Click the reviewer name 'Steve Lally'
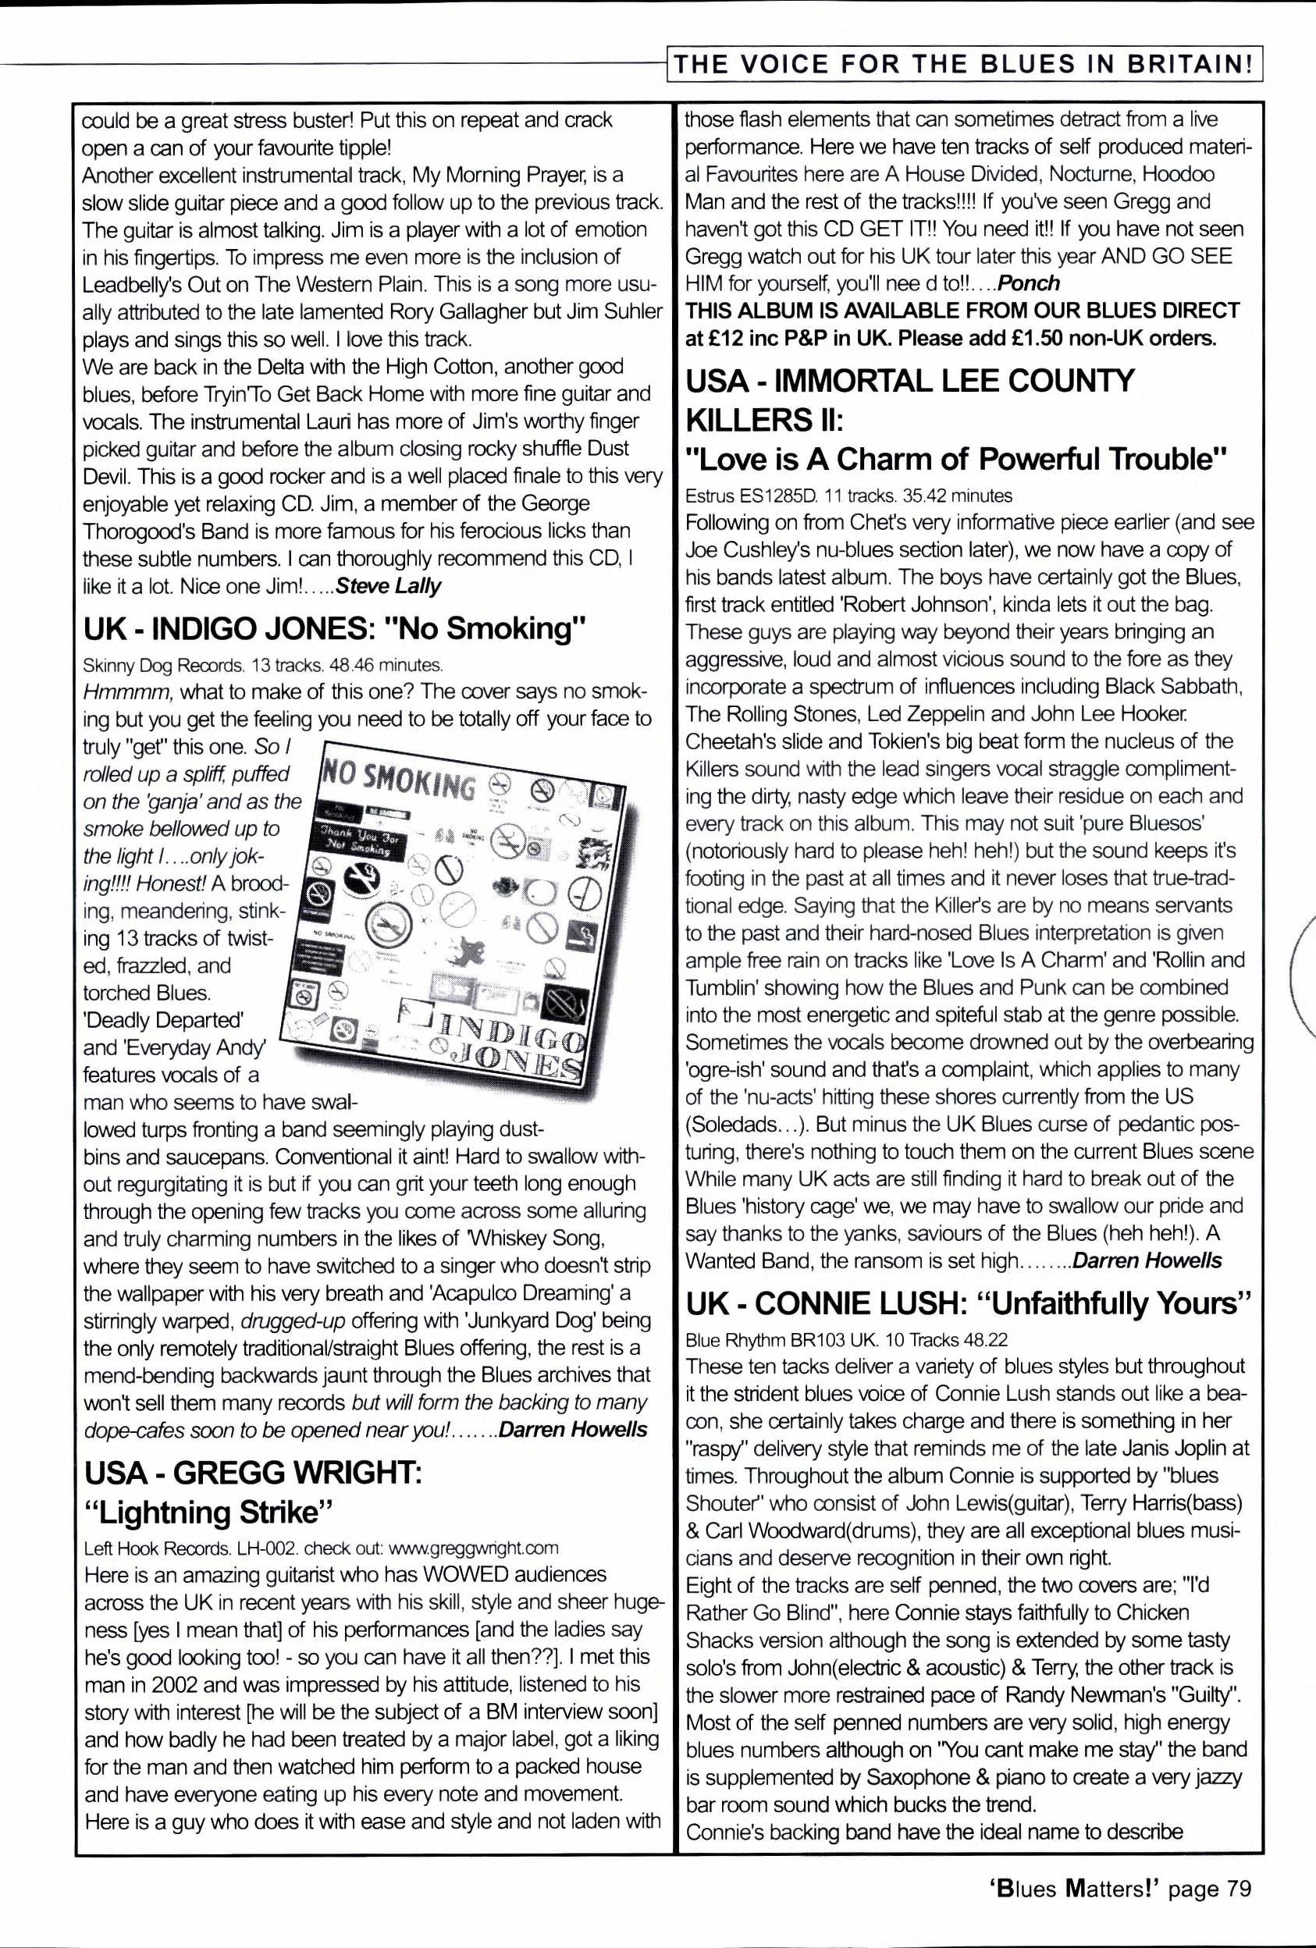(x=388, y=586)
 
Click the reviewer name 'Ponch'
(x=1030, y=283)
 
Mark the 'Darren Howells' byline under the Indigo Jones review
(x=572, y=1429)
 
